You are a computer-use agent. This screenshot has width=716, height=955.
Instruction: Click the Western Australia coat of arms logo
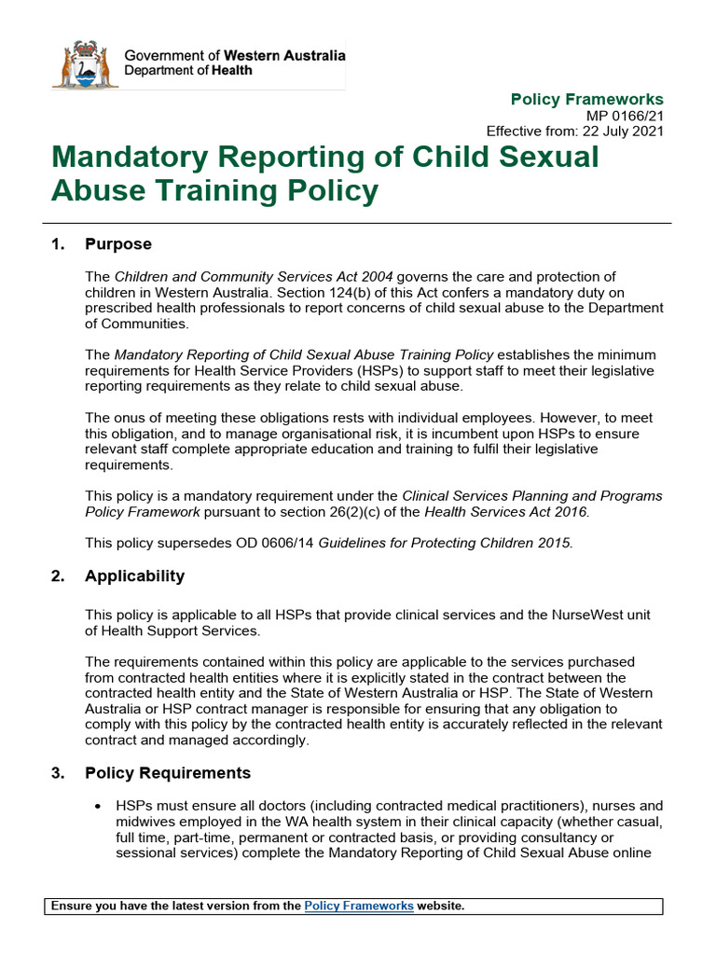pyautogui.click(x=85, y=64)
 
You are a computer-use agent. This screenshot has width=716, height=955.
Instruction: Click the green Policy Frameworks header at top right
pyautogui.click(x=587, y=99)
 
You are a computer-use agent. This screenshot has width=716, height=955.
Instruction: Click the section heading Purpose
pyautogui.click(x=117, y=244)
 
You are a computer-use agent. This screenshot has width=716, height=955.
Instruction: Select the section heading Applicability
pyautogui.click(x=134, y=575)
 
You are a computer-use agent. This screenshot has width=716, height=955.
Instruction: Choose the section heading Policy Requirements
pyautogui.click(x=168, y=772)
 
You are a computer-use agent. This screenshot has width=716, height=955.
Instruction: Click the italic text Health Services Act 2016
pyautogui.click(x=506, y=511)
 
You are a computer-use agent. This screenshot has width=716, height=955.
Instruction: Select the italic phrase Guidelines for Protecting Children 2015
pyautogui.click(x=445, y=543)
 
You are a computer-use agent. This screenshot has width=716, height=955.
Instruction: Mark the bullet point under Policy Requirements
pyautogui.click(x=98, y=806)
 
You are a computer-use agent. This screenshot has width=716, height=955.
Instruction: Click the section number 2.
pyautogui.click(x=58, y=575)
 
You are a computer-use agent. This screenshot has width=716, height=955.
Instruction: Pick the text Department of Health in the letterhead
pyautogui.click(x=187, y=70)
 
